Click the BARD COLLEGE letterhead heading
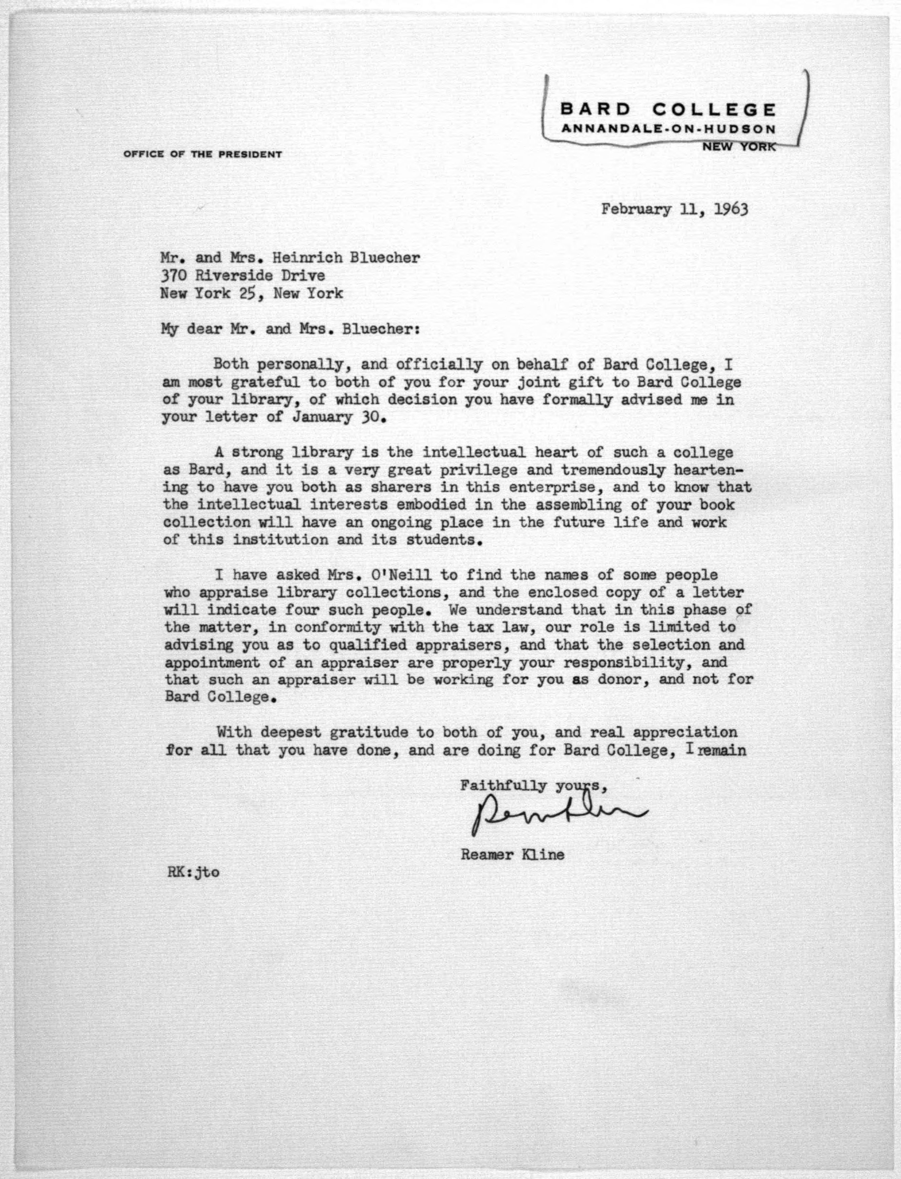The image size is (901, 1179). (x=668, y=110)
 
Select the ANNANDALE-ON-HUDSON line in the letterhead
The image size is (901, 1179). (x=668, y=129)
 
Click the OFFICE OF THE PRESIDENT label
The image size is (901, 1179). (x=202, y=154)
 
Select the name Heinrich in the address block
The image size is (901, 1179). (x=307, y=258)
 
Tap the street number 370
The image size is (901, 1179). (x=173, y=276)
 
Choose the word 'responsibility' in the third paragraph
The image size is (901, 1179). (x=606, y=663)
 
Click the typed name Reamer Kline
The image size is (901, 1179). (x=512, y=854)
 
